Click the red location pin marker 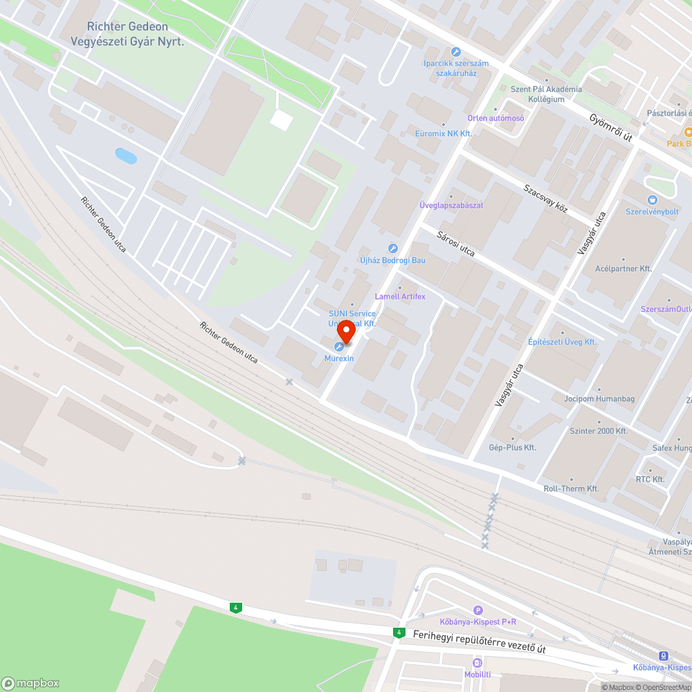[x=345, y=333]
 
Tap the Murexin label [x=339, y=358]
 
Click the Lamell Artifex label [x=400, y=296]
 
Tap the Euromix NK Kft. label [x=443, y=133]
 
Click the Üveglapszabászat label [x=451, y=206]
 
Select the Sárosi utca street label [x=456, y=244]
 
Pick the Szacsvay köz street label [x=545, y=199]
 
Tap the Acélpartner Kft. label [x=624, y=268]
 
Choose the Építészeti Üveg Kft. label [x=572, y=342]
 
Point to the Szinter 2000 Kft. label [x=598, y=431]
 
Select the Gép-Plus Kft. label [x=512, y=448]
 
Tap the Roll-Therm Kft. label [x=571, y=489]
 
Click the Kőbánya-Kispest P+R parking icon [x=477, y=610]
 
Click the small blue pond [x=126, y=156]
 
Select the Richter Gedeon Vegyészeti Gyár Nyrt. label [x=131, y=34]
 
